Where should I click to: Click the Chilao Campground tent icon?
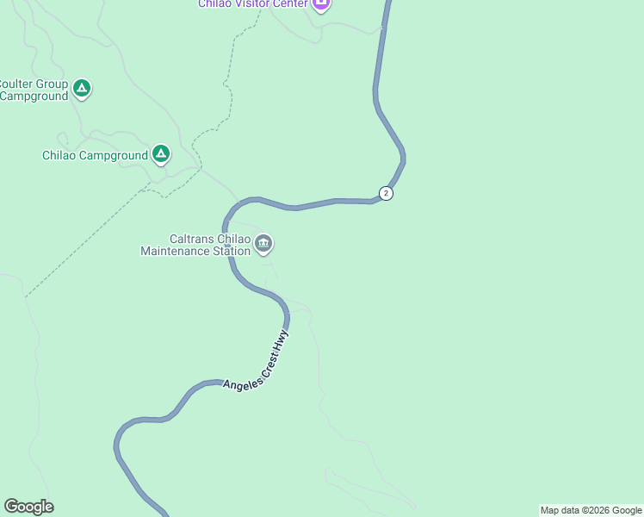pos(160,154)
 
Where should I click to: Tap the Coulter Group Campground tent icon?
pos(82,88)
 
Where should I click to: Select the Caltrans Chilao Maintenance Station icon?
pos(263,245)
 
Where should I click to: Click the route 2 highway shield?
pos(386,193)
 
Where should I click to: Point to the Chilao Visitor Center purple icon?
pos(320,4)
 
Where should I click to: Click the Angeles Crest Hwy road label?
pos(257,362)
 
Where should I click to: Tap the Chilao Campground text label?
pos(95,156)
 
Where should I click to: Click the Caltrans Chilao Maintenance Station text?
pos(197,245)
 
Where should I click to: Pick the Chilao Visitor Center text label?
pos(253,3)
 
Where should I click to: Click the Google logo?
pos(28,507)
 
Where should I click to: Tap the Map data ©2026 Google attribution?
pos(591,510)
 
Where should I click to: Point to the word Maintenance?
pos(176,251)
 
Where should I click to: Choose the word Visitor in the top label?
pos(251,3)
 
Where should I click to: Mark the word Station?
pos(232,251)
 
